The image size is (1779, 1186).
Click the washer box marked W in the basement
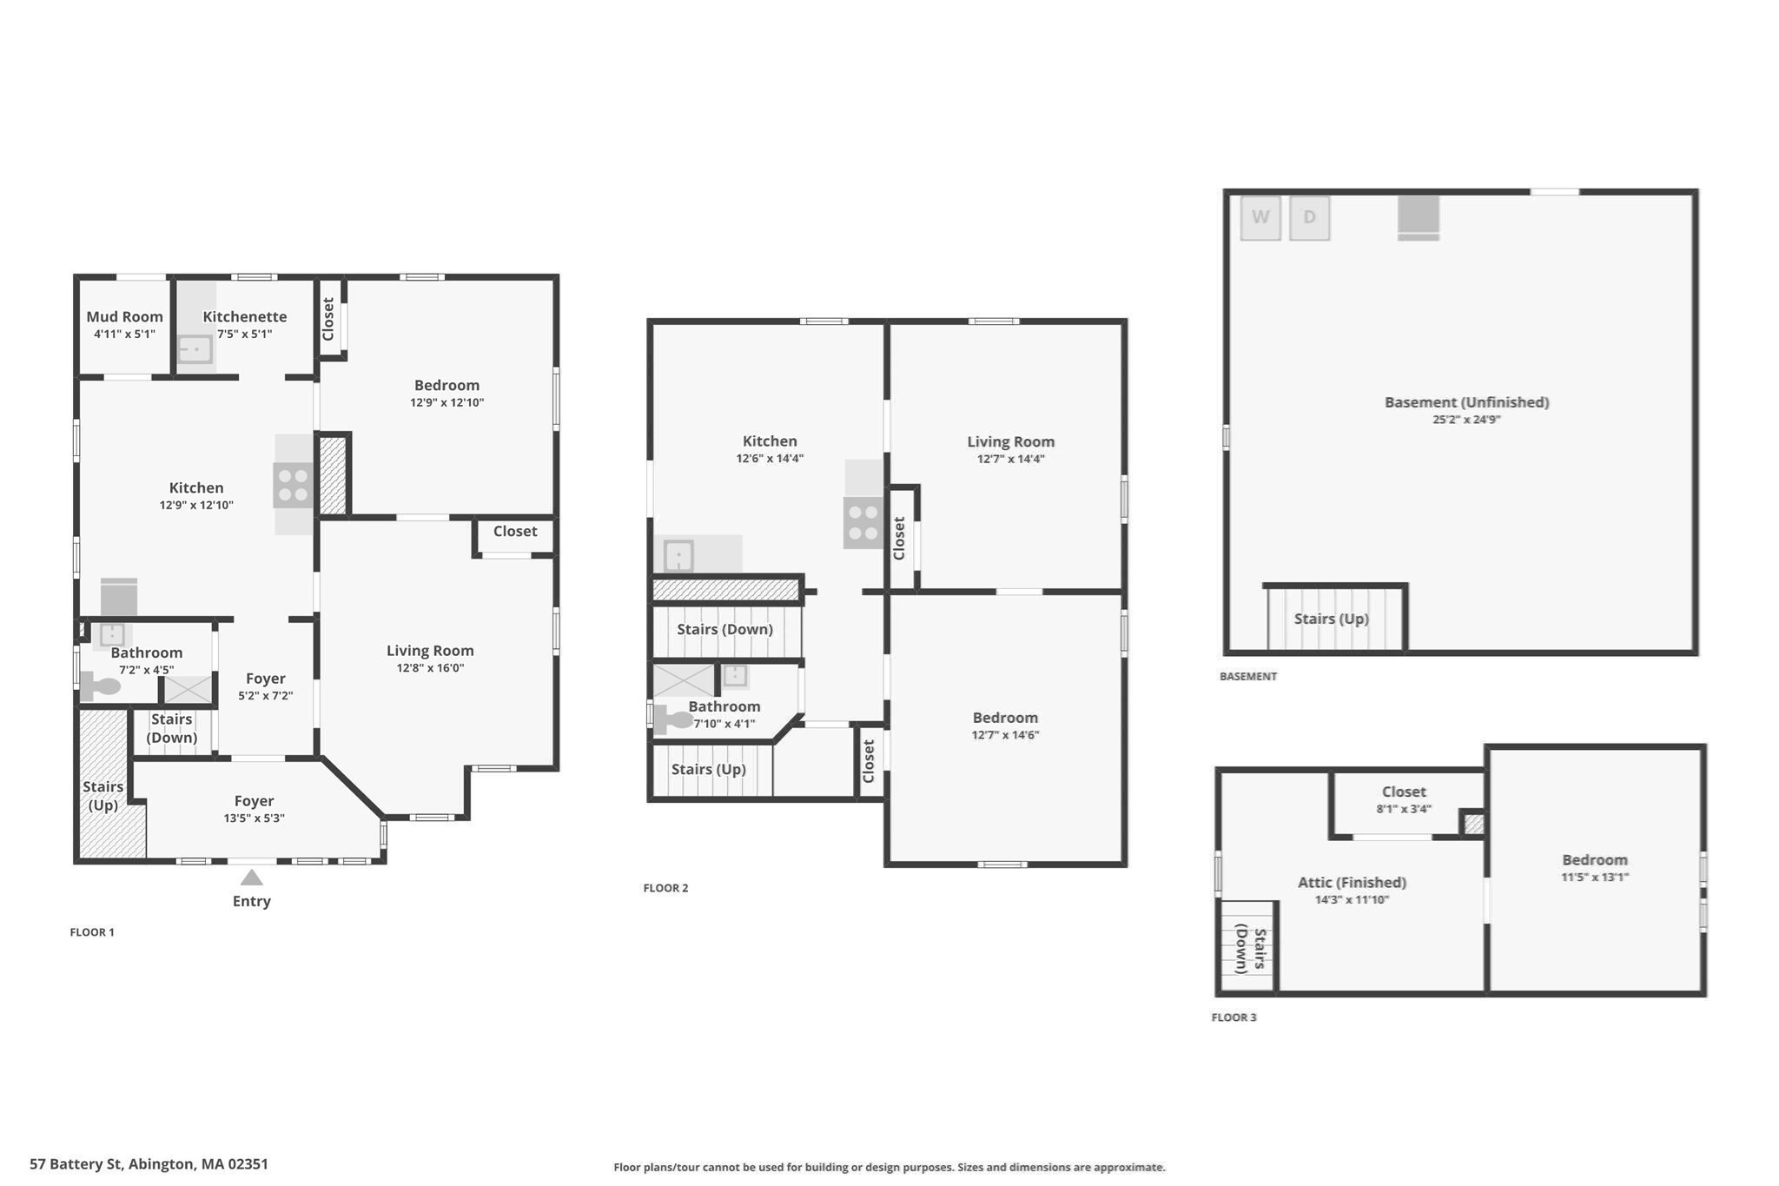pyautogui.click(x=1260, y=218)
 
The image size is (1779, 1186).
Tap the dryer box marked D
pyautogui.click(x=1310, y=218)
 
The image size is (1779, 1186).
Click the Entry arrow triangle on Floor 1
pyautogui.click(x=252, y=877)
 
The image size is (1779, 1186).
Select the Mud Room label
pyautogui.click(x=124, y=316)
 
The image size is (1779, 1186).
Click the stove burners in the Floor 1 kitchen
pyautogui.click(x=294, y=485)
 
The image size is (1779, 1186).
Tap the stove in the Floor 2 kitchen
pyautogui.click(x=863, y=522)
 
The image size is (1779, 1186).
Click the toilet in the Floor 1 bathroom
pyautogui.click(x=100, y=686)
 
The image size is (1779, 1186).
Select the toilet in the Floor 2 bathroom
pyautogui.click(x=673, y=719)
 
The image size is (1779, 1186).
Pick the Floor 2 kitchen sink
pyautogui.click(x=678, y=555)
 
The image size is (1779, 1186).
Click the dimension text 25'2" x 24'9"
pyautogui.click(x=1466, y=420)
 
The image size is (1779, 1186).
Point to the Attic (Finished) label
pyautogui.click(x=1352, y=882)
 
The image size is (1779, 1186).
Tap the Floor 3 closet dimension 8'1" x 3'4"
pyautogui.click(x=1404, y=809)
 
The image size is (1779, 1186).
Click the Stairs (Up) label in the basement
pyautogui.click(x=1331, y=619)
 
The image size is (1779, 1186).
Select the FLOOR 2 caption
pyautogui.click(x=665, y=888)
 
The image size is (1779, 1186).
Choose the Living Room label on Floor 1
pyautogui.click(x=430, y=650)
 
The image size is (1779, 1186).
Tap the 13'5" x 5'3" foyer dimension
pyautogui.click(x=254, y=818)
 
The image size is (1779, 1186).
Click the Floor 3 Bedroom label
pyautogui.click(x=1595, y=859)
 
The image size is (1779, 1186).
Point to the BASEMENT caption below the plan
pyautogui.click(x=1248, y=676)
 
